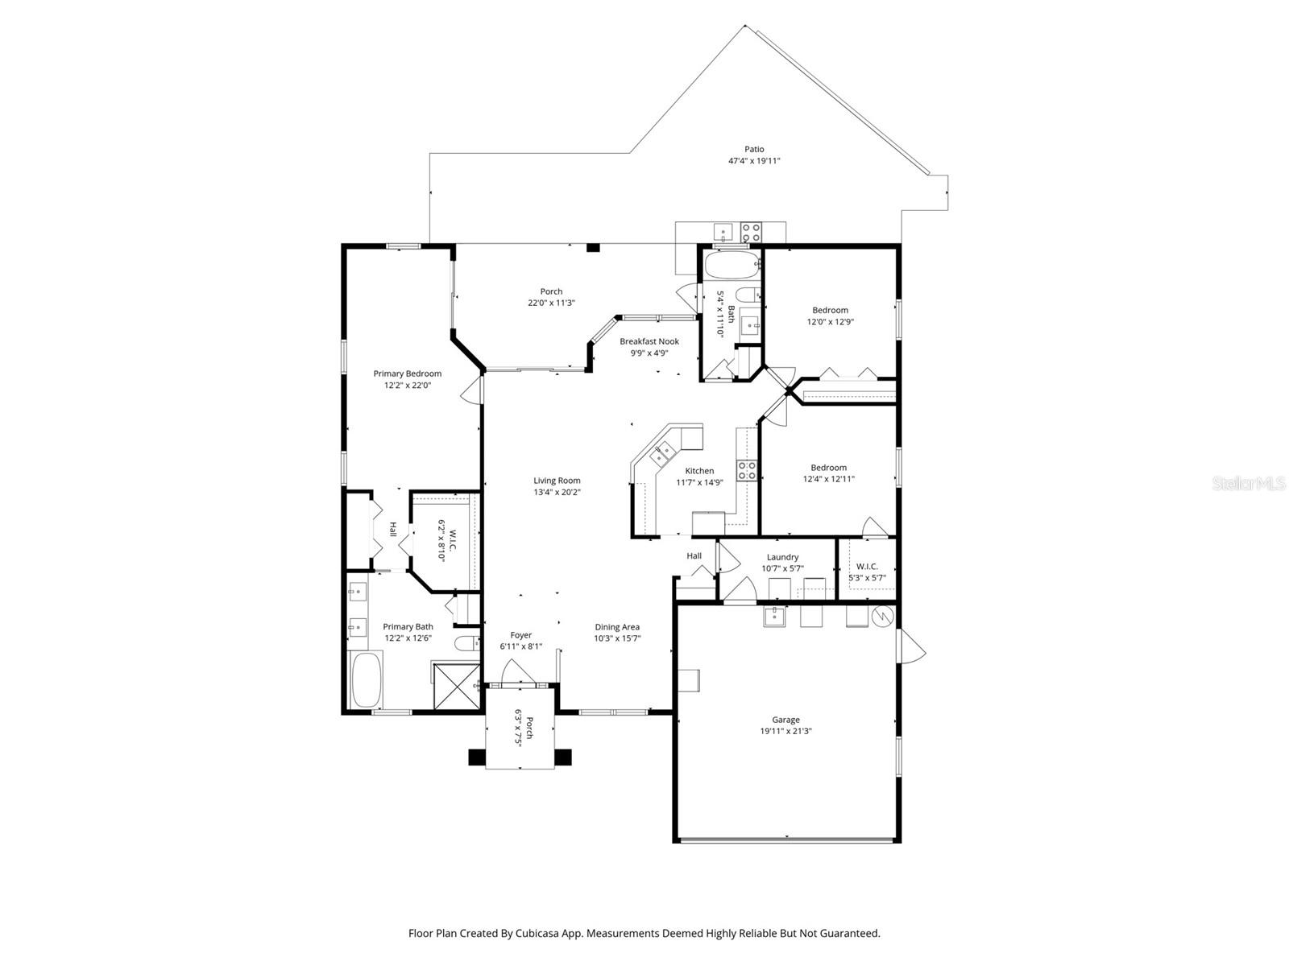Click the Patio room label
(x=754, y=149)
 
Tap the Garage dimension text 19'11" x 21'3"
(x=785, y=732)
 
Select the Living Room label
(x=557, y=481)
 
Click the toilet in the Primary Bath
(x=466, y=643)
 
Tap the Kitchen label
(x=699, y=471)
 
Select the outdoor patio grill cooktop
(x=751, y=233)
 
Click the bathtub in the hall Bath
(x=732, y=262)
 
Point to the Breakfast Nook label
(x=649, y=341)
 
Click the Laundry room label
(x=782, y=557)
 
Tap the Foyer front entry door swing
(x=512, y=672)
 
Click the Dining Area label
(x=617, y=627)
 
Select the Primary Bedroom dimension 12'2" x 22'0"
(x=408, y=386)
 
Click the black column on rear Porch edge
(x=593, y=249)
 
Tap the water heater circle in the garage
(x=883, y=616)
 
